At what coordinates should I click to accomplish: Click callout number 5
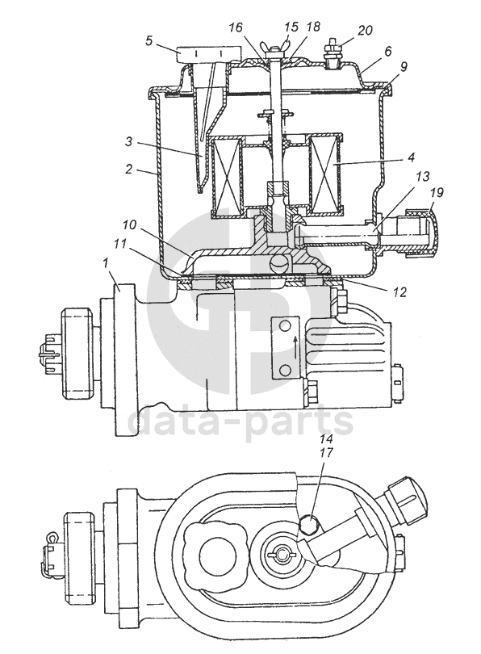coord(149,41)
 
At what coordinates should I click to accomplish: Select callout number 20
coord(364,31)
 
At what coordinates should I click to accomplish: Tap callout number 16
coord(236,27)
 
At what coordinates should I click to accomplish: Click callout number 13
coord(422,177)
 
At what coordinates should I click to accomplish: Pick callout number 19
coord(437,192)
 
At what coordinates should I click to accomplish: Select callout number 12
coord(399,292)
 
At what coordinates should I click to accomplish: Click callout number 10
coord(129,224)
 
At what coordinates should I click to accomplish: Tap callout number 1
coord(106,263)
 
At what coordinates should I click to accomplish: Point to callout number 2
coord(129,169)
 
